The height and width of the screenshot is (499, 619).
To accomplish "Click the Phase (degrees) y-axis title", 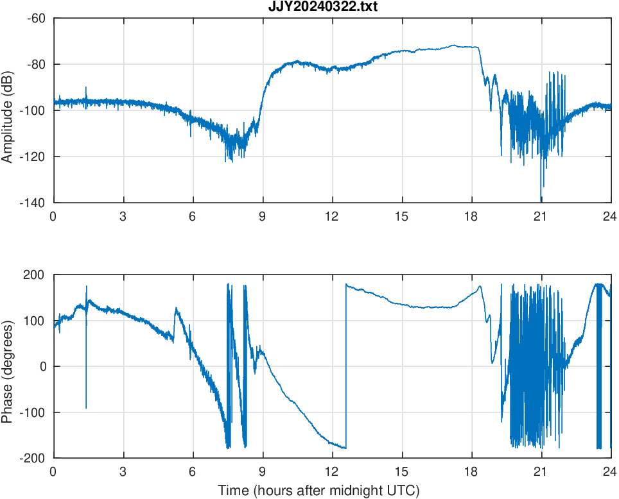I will click(8, 366).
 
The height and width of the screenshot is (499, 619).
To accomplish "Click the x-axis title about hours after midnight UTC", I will click(318, 491).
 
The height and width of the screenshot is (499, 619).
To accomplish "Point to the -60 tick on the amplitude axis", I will click(36, 18).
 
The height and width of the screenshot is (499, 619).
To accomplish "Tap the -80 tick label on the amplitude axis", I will click(36, 64).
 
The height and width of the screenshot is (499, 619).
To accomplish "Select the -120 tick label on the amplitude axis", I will click(33, 156).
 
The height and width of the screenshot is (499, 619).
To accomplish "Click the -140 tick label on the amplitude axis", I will click(33, 203).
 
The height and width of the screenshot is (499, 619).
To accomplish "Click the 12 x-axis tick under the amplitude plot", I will click(331, 216).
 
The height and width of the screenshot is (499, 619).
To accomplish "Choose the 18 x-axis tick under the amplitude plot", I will click(471, 216).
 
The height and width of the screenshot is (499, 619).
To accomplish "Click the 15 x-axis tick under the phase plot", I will click(401, 471).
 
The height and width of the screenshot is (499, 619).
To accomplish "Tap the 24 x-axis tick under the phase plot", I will click(610, 471).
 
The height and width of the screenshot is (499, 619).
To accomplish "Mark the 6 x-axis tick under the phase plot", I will click(192, 471).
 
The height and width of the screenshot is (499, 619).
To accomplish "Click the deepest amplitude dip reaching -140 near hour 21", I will click(541, 196).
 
